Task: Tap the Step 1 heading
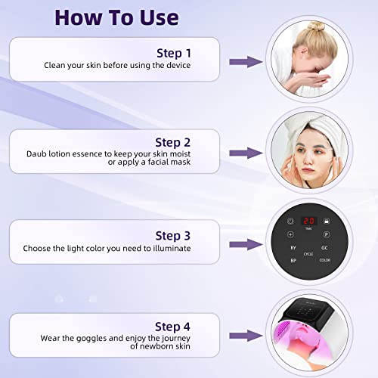[175, 53]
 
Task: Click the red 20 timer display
[308, 222]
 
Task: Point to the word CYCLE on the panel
[308, 254]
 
